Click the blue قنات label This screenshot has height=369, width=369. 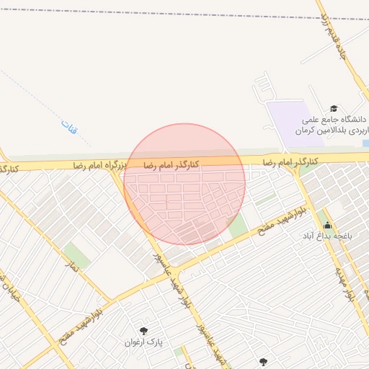click(x=69, y=130)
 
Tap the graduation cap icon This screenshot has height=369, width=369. click(x=333, y=107)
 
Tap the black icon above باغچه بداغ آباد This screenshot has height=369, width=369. click(x=327, y=225)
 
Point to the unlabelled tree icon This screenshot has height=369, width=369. click(x=262, y=362)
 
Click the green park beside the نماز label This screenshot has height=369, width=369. click(x=75, y=254)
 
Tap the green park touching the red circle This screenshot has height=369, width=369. click(x=237, y=227)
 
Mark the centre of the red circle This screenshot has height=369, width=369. click(x=184, y=184)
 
